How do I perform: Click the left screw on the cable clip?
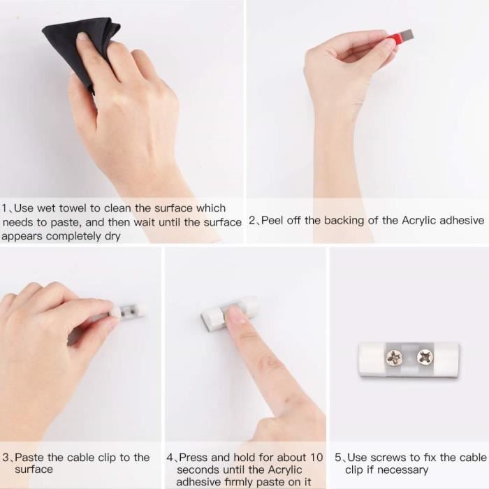(395, 358)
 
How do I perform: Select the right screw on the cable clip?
(425, 358)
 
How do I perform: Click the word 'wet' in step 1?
(45, 208)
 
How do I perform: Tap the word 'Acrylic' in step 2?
(421, 221)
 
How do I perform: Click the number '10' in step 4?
(316, 458)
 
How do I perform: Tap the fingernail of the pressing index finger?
(235, 315)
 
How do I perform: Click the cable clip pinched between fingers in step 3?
(130, 312)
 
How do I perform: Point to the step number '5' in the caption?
(338, 458)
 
